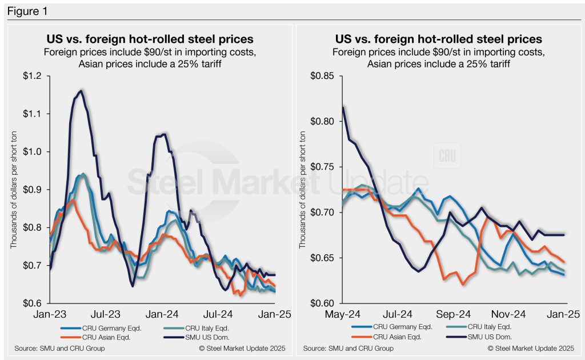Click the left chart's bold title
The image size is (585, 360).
click(x=150, y=39)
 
